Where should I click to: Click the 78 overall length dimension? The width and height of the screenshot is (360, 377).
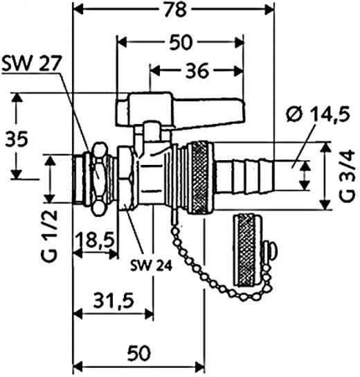(x=176, y=10)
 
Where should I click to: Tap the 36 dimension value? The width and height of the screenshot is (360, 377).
(x=197, y=71)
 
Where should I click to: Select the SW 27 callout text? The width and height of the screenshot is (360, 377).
(x=31, y=64)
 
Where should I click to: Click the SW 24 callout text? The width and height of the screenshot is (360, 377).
(x=151, y=265)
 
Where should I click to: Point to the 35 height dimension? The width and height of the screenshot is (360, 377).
(x=17, y=139)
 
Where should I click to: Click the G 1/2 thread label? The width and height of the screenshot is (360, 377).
(x=50, y=236)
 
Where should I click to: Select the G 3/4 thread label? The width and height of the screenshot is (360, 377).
(x=347, y=175)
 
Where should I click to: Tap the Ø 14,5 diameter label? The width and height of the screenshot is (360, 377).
(x=318, y=114)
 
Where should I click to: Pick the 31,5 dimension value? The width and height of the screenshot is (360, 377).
(x=114, y=301)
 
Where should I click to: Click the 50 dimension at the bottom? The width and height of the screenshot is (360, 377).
(x=139, y=353)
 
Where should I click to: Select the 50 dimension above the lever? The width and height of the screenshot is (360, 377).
(x=181, y=42)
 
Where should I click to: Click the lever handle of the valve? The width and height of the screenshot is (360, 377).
(x=181, y=109)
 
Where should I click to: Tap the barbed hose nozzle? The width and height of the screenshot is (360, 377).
(x=245, y=175)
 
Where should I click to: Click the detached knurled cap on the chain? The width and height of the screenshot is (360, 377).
(x=247, y=251)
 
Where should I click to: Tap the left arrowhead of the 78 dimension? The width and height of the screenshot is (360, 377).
(x=78, y=10)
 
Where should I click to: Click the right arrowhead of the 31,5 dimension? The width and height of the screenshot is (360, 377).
(x=148, y=314)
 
